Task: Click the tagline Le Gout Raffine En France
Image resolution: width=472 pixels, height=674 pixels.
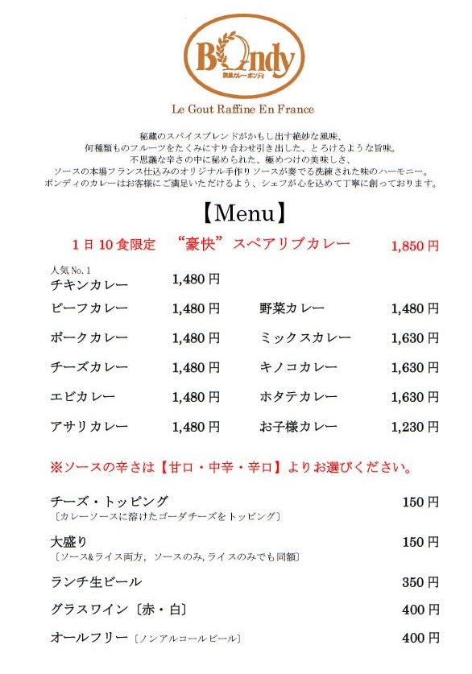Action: click(242, 109)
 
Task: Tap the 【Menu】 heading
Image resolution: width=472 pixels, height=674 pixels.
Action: click(242, 213)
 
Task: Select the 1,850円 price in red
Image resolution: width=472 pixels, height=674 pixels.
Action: click(415, 246)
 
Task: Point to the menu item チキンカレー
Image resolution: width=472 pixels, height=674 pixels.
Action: click(89, 284)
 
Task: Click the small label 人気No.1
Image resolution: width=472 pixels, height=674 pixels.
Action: click(71, 270)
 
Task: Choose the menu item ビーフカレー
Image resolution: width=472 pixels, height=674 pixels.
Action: click(89, 308)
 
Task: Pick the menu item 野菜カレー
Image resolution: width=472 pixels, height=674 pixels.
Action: click(292, 308)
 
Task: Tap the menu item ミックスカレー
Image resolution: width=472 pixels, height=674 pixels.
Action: click(304, 338)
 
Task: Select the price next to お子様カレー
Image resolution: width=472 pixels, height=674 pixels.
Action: click(415, 427)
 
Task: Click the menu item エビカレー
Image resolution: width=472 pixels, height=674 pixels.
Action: click(82, 397)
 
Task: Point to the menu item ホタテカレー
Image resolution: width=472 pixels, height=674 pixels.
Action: click(298, 397)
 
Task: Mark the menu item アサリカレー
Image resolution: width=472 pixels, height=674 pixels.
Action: click(89, 427)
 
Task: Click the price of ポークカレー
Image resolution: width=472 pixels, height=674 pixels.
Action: click(196, 338)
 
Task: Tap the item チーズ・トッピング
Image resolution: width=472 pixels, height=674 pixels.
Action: click(110, 502)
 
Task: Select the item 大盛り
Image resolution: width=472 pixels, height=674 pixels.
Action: click(68, 542)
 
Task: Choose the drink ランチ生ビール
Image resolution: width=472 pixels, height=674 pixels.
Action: click(96, 581)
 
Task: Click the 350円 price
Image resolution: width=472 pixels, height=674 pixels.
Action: click(420, 582)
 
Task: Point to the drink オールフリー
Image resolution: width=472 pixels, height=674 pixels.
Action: click(89, 638)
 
